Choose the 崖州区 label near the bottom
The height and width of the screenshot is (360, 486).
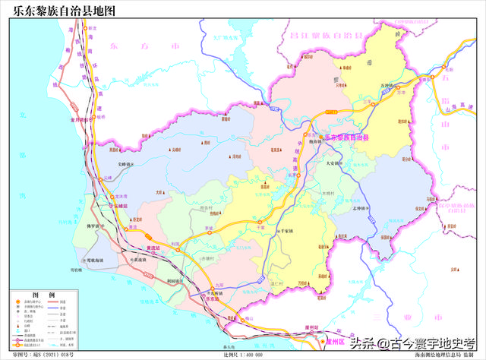click(x=335, y=343)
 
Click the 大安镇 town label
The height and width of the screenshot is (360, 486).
click(x=336, y=162)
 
